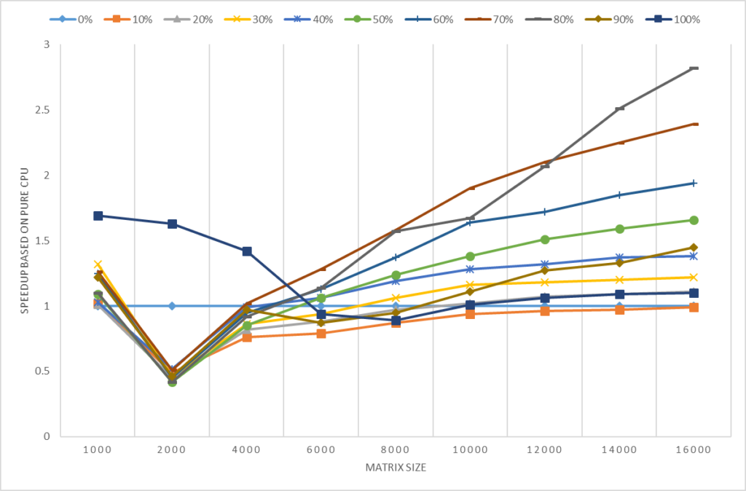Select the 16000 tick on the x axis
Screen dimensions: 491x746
point(693,451)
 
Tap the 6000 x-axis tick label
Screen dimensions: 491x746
point(321,451)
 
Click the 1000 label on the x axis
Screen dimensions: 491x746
point(98,451)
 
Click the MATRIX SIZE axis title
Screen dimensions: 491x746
point(396,468)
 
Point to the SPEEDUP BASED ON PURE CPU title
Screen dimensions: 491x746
point(24,240)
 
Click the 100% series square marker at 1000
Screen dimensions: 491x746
point(98,216)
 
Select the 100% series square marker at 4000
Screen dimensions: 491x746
point(246,251)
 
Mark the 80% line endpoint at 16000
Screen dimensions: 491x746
point(694,68)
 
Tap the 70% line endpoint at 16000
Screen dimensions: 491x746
point(694,124)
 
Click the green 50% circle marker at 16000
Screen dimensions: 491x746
point(694,220)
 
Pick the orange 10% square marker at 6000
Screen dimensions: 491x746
point(321,334)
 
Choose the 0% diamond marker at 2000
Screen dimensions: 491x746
point(172,306)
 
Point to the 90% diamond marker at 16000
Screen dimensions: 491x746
point(694,248)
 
